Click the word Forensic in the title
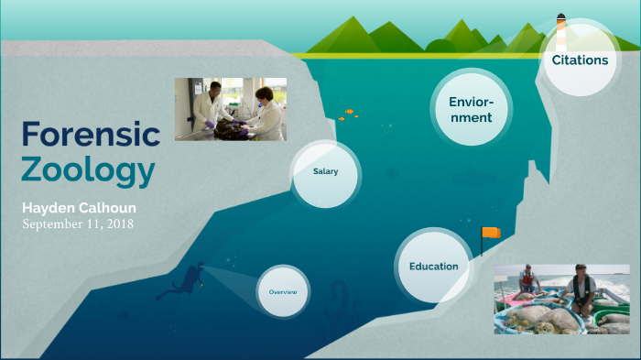91,135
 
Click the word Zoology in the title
88,171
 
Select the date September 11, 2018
78,224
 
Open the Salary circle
325,172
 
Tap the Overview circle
283,292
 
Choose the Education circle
433,267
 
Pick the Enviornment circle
471,109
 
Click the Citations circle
579,60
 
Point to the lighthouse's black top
560,16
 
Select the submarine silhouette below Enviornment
483,175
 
